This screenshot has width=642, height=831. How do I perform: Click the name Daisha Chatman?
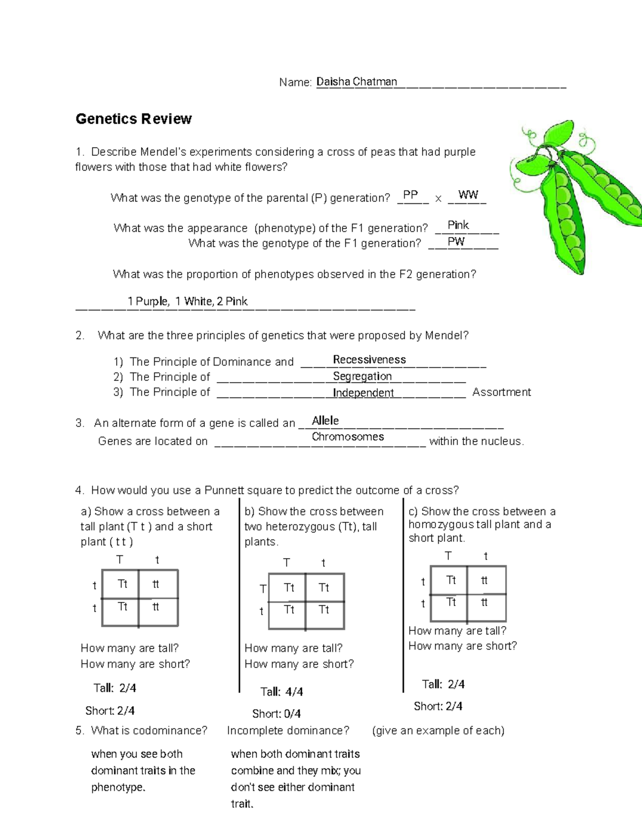click(x=356, y=82)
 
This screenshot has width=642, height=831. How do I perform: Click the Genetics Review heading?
click(x=133, y=119)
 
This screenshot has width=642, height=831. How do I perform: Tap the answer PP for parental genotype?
click(x=410, y=195)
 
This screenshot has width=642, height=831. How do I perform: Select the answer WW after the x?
click(x=468, y=195)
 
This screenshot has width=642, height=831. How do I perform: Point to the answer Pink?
click(x=458, y=225)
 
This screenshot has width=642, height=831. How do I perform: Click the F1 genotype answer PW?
click(x=456, y=242)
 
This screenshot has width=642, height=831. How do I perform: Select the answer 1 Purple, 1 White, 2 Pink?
click(x=187, y=301)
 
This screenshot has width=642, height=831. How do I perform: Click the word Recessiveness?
click(x=369, y=360)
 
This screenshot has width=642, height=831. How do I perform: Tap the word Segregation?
click(x=362, y=376)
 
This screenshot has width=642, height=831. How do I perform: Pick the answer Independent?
click(x=363, y=393)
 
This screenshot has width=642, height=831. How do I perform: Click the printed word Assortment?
click(x=501, y=392)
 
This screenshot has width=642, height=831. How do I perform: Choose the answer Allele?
click(x=325, y=421)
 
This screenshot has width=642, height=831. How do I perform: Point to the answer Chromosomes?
click(x=348, y=437)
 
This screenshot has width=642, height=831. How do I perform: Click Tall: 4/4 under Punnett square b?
click(x=281, y=692)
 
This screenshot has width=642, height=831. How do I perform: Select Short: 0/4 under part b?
click(x=276, y=714)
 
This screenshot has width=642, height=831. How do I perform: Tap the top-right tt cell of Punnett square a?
click(x=156, y=584)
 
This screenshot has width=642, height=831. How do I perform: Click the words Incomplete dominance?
click(x=288, y=730)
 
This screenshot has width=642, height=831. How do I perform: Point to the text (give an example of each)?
click(x=438, y=730)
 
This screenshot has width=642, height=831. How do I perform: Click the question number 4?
click(x=79, y=490)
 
